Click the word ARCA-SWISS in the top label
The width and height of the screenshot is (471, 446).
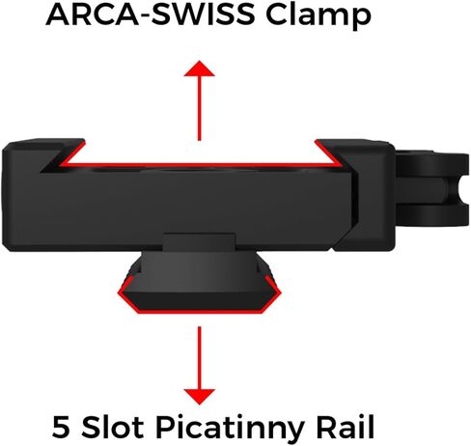click(x=151, y=14)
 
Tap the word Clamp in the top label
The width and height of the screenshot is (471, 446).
click(x=319, y=17)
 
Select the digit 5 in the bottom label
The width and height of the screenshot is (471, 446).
click(x=61, y=427)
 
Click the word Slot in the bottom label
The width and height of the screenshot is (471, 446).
click(x=112, y=427)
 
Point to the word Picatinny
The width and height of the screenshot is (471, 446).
click(x=230, y=429)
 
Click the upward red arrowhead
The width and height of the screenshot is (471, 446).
click(x=200, y=69)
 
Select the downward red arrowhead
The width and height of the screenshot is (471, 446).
click(x=200, y=397)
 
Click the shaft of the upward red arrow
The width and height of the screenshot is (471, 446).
click(x=200, y=108)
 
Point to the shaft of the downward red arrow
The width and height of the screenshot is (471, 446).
click(x=200, y=358)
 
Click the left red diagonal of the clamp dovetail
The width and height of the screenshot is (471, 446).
click(x=72, y=153)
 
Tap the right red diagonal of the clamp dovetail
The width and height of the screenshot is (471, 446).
click(x=328, y=153)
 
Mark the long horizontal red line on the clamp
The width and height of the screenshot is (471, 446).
click(x=200, y=165)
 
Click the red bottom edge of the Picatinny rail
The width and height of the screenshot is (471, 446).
click(x=200, y=312)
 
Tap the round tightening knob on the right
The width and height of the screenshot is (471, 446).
click(x=432, y=189)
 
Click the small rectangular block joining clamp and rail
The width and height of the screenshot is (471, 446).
click(x=199, y=241)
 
